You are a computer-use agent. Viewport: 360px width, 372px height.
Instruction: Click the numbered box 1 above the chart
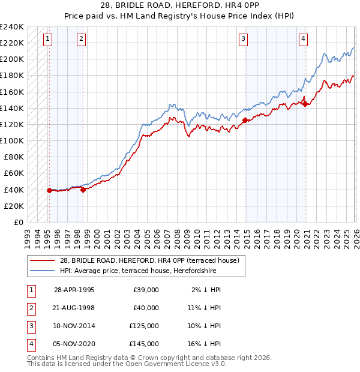coord(47,40)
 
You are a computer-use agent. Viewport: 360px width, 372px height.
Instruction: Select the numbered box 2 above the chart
coord(81,40)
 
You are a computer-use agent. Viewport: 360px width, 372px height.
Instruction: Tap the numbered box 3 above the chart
coord(243,40)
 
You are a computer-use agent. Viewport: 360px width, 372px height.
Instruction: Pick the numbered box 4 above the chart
coord(304,40)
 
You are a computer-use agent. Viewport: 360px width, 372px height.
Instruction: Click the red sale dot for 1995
coord(49,190)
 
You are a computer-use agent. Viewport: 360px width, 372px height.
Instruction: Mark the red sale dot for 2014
coord(245,121)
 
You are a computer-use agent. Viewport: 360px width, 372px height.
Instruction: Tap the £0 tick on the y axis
coord(19,222)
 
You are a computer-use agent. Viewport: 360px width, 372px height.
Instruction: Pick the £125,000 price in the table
coord(144,326)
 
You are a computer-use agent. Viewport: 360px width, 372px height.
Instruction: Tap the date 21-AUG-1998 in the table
coord(74,308)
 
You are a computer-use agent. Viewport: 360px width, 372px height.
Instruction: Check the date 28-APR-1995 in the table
coord(74,290)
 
